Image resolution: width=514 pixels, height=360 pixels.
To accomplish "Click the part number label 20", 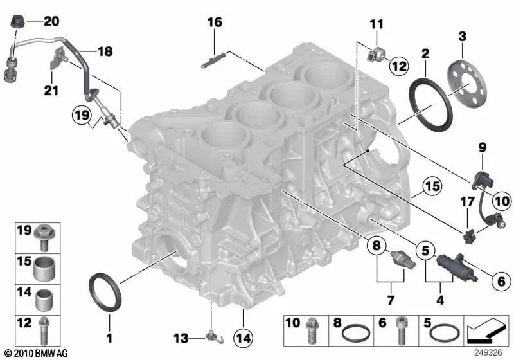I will pyautogui.click(x=51, y=21).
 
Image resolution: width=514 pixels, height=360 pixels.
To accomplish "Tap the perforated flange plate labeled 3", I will pyautogui.click(x=466, y=76).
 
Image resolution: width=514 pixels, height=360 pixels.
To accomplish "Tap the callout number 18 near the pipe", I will pyautogui.click(x=104, y=49).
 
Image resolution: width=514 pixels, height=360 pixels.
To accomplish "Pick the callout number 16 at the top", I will pyautogui.click(x=215, y=22).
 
